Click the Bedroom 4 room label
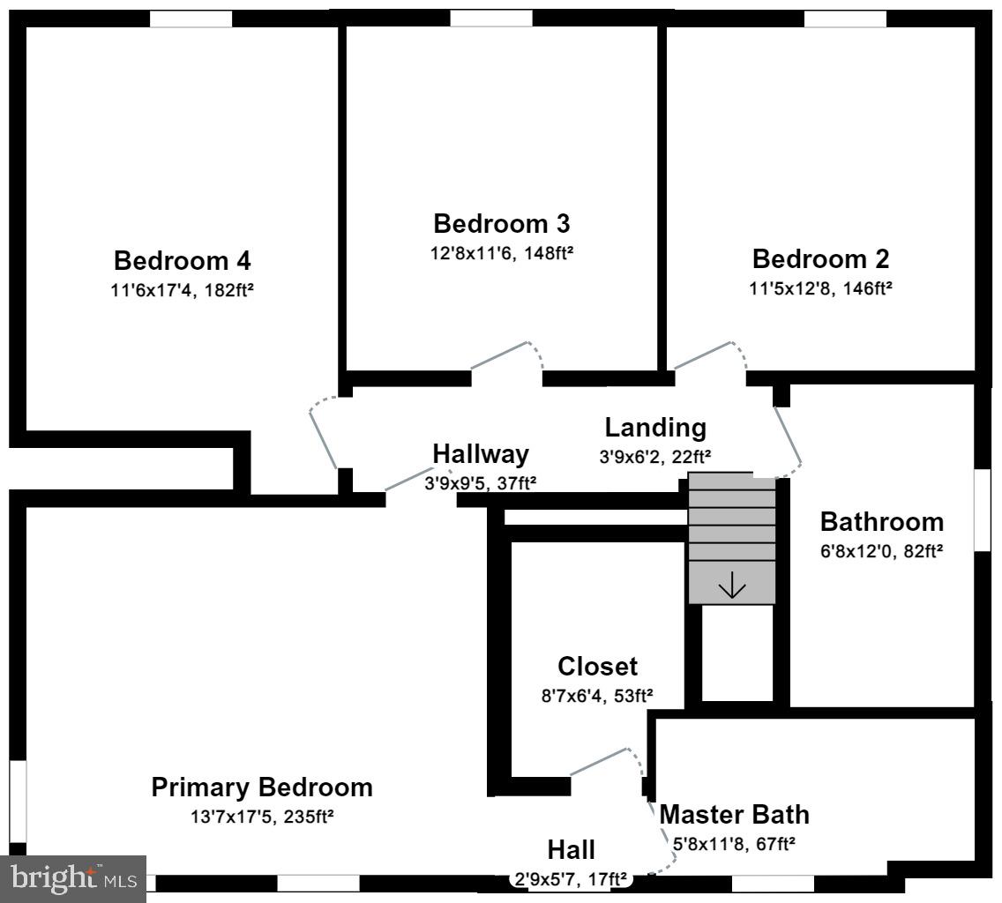182,261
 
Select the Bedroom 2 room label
820,259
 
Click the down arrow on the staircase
732,586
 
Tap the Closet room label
597,666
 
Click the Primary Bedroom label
262,787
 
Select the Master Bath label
734,814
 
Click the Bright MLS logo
73,878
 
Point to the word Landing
655,428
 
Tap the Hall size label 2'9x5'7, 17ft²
571,878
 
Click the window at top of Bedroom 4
191,19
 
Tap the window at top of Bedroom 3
491,19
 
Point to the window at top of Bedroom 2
844,19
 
